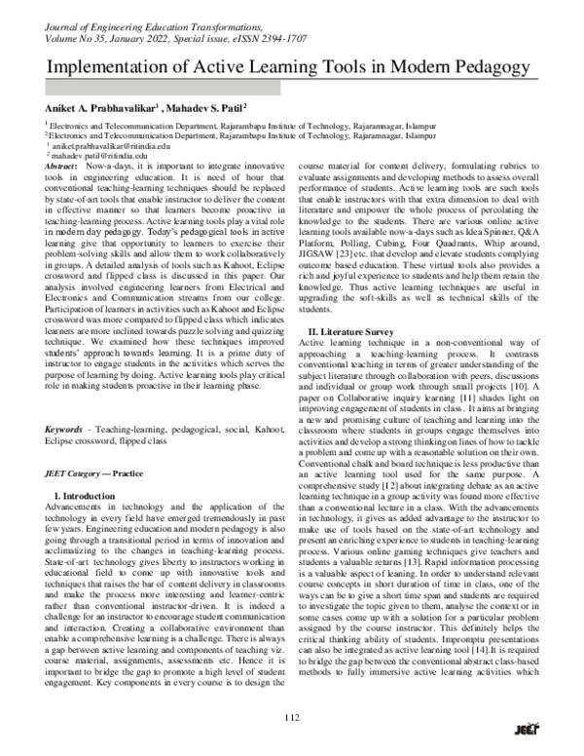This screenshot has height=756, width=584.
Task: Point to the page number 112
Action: tap(291, 718)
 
